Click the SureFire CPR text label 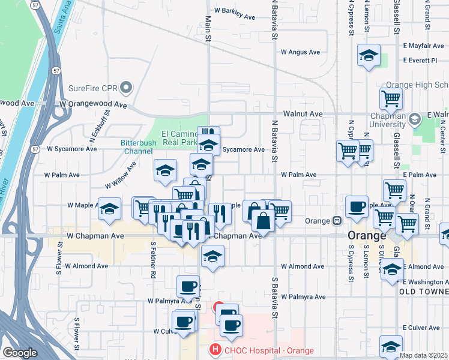(x=92, y=88)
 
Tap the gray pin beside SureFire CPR (x=126, y=88)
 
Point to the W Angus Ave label (x=301, y=52)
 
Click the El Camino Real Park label (x=179, y=138)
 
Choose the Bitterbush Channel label (x=137, y=147)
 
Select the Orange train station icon (x=339, y=221)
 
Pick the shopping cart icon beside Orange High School (x=391, y=98)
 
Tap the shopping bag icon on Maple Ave (x=264, y=219)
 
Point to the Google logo (x=20, y=353)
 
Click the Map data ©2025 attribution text (x=423, y=355)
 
